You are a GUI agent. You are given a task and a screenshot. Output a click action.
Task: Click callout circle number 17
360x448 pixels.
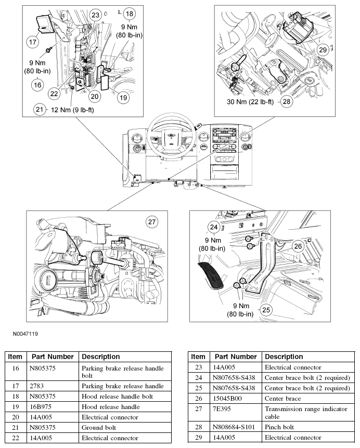click(33, 42)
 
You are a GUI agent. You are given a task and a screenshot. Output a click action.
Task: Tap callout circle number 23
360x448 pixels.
click(95, 15)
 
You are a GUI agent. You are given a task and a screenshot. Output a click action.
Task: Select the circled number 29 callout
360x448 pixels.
click(323, 50)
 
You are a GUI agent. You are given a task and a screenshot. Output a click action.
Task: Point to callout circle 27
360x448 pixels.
click(152, 222)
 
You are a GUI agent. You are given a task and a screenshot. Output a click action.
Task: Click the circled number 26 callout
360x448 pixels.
click(298, 246)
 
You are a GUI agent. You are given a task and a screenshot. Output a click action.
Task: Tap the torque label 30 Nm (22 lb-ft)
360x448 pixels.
click(250, 102)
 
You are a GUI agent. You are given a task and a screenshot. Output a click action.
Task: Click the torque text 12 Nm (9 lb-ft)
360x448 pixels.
click(72, 110)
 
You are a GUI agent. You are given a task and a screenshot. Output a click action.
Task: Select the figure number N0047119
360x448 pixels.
click(25, 334)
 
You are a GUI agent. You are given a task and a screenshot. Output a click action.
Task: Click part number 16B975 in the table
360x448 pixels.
click(41, 406)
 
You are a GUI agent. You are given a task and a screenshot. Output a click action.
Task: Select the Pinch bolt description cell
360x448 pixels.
click(279, 427)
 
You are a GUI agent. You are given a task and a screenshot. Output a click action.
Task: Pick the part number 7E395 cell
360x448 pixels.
click(222, 409)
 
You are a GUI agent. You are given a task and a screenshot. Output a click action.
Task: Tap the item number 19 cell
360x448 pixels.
click(16, 406)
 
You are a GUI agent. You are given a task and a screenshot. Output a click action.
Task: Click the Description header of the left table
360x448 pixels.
click(100, 357)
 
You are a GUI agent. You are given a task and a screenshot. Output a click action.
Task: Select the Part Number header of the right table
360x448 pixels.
click(236, 357)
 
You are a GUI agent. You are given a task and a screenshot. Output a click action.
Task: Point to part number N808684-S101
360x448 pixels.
click(233, 427)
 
